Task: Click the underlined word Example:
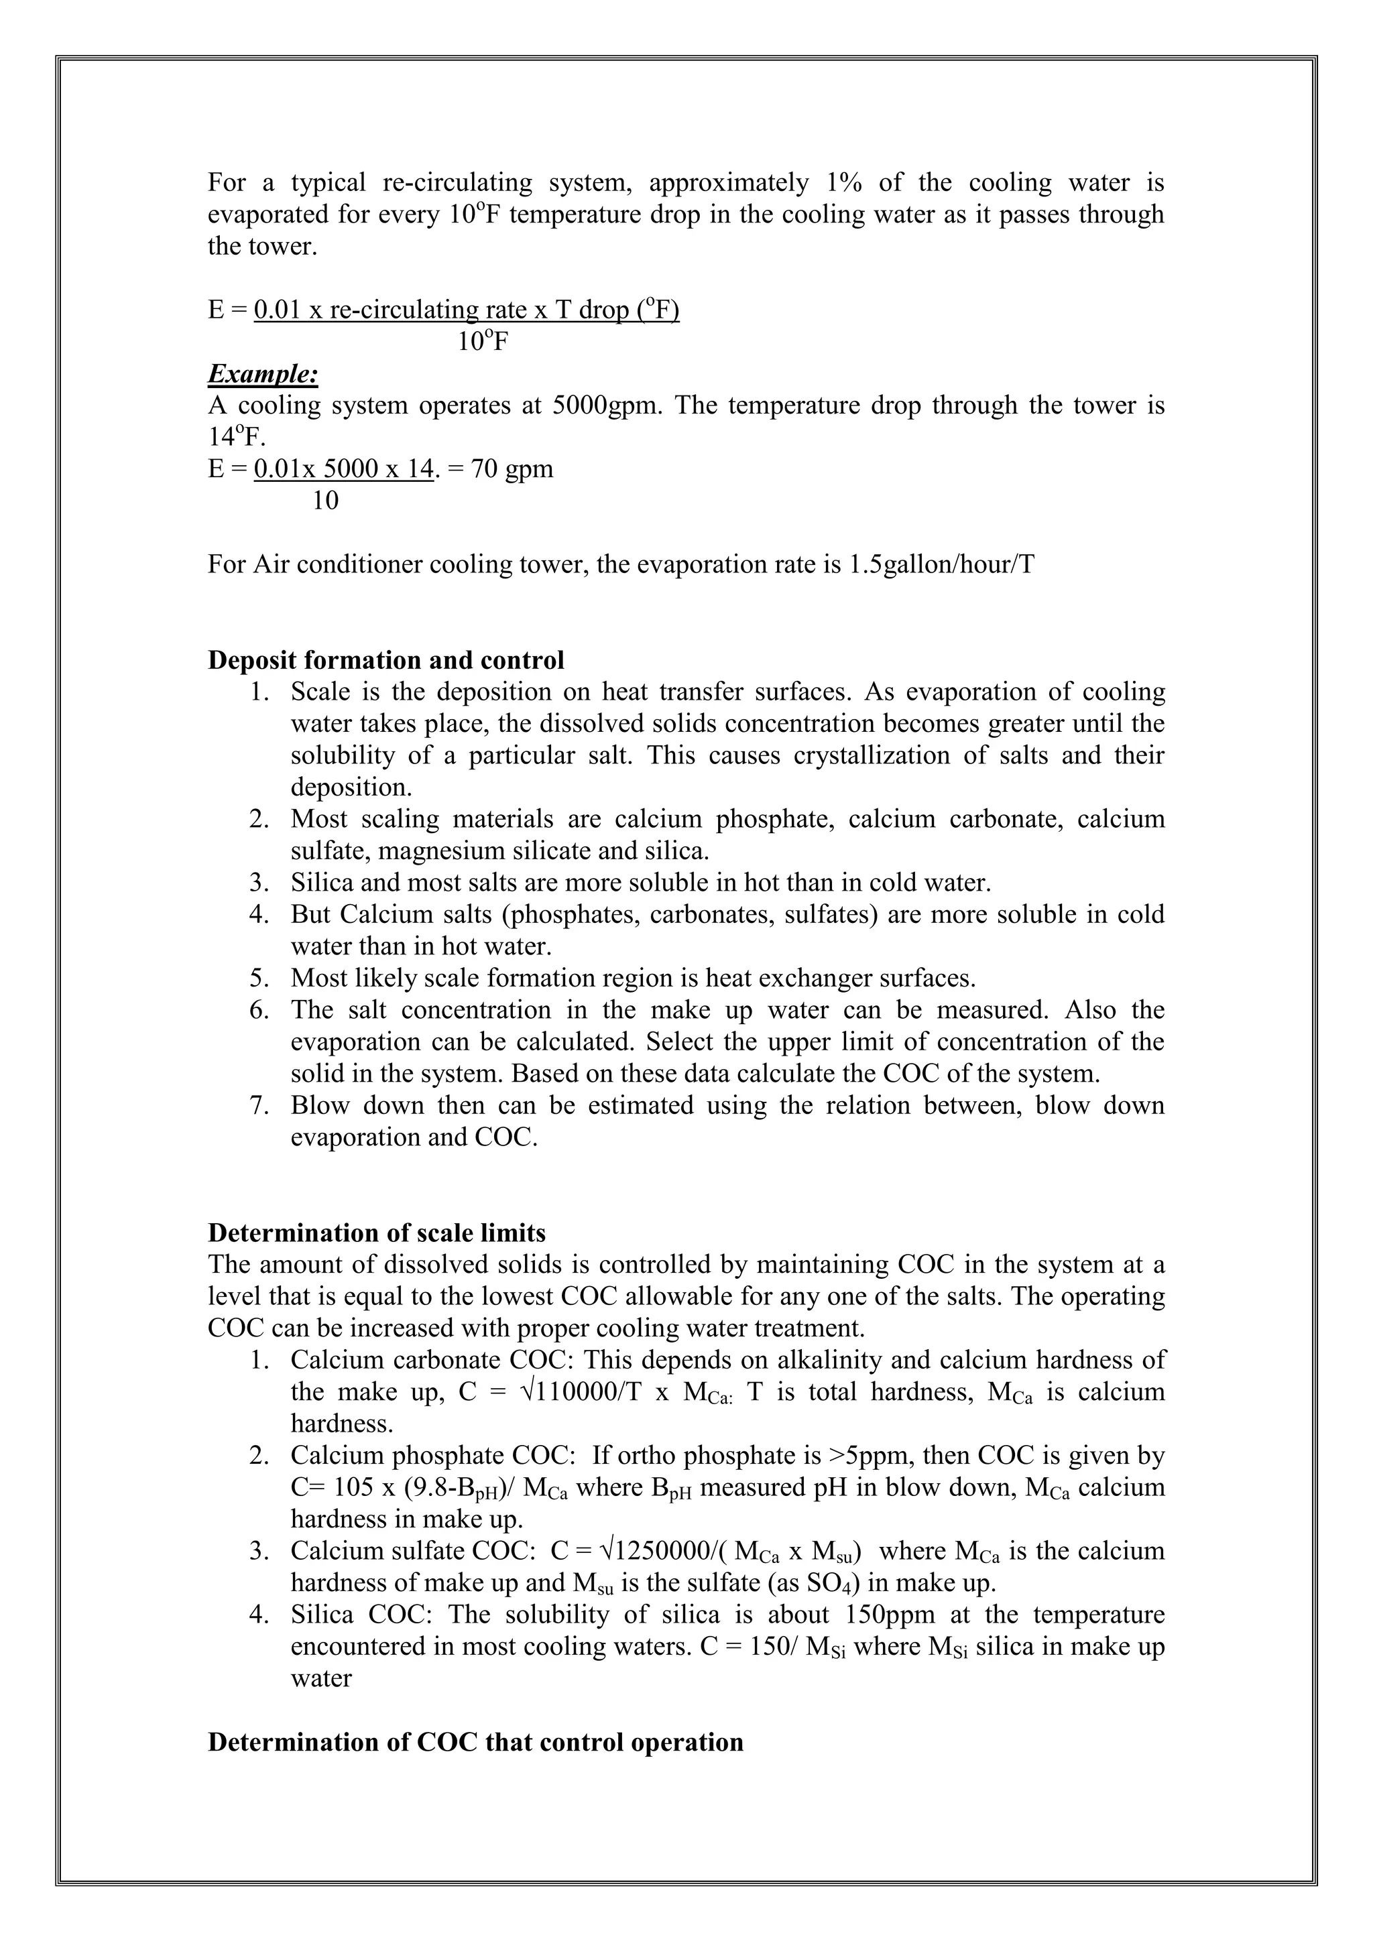coord(263,374)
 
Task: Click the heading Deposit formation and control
coord(385,660)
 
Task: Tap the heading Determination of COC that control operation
coord(475,1743)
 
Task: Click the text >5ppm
coord(869,1456)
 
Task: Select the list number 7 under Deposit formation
coord(259,1106)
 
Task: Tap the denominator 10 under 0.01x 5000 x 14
coord(326,501)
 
